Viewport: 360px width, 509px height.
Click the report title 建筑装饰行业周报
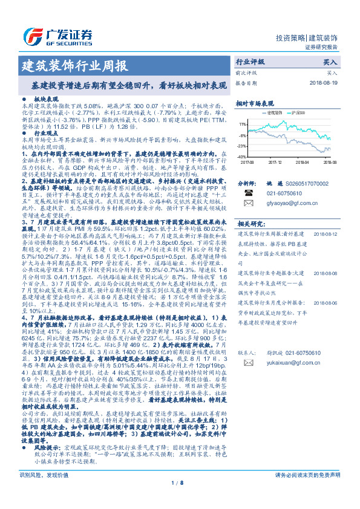point(74,65)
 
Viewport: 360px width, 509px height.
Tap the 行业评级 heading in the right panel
point(250,62)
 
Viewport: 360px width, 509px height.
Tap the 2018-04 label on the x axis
point(302,162)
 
